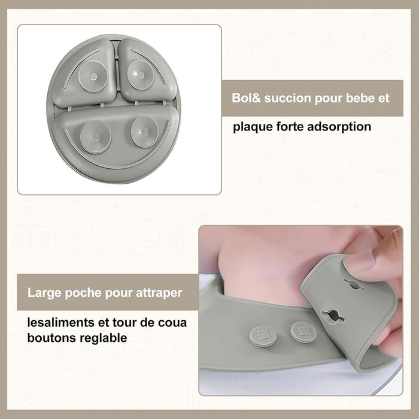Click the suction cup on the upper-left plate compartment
[93, 76]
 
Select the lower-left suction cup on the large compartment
[95, 136]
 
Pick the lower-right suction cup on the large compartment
[145, 132]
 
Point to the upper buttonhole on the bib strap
[355, 284]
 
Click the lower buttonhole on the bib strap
[333, 316]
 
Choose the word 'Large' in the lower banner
[44, 293]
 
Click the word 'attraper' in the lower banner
[159, 293]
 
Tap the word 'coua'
[172, 323]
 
